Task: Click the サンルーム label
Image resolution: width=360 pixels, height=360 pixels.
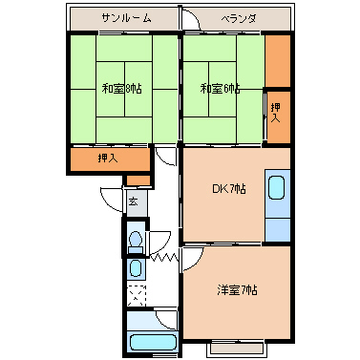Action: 123,18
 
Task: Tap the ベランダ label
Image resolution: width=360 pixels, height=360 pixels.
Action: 240,18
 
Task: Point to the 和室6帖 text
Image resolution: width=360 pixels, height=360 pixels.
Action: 221,90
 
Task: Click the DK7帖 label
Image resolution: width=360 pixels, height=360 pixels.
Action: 229,188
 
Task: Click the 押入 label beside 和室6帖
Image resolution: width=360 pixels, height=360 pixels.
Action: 276,113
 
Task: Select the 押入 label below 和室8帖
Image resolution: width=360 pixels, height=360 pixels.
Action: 108,158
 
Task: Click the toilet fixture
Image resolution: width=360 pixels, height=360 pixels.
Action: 135,239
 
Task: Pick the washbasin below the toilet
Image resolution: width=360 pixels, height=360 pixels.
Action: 135,268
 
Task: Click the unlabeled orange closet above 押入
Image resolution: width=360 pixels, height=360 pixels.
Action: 277,59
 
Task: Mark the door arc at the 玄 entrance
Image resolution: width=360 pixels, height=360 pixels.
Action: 112,193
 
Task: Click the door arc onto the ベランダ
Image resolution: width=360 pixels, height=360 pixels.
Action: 194,21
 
